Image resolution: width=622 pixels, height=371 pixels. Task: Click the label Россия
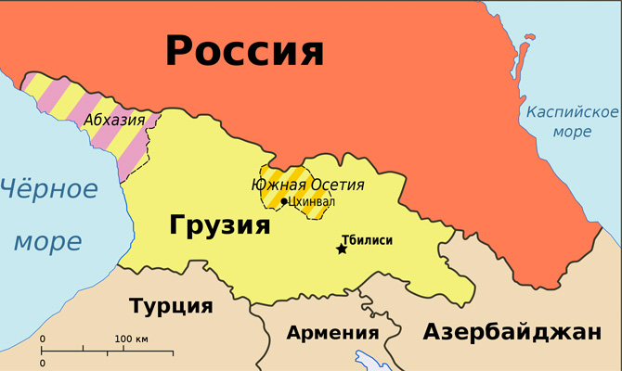click(x=245, y=50)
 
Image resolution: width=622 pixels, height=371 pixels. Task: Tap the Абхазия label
click(x=114, y=120)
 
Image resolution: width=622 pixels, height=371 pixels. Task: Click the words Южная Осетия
click(x=307, y=184)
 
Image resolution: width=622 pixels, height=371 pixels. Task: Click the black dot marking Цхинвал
click(x=284, y=201)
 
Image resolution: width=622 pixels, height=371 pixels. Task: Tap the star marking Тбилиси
click(x=342, y=249)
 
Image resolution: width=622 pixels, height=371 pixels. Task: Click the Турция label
click(x=171, y=306)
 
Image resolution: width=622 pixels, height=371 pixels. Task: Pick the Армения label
click(x=332, y=333)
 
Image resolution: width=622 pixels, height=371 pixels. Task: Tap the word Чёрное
click(x=48, y=191)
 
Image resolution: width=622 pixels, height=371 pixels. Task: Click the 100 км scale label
click(x=131, y=339)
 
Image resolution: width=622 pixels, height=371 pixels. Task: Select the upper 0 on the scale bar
click(x=42, y=339)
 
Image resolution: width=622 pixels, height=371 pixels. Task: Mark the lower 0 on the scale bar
click(x=42, y=362)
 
